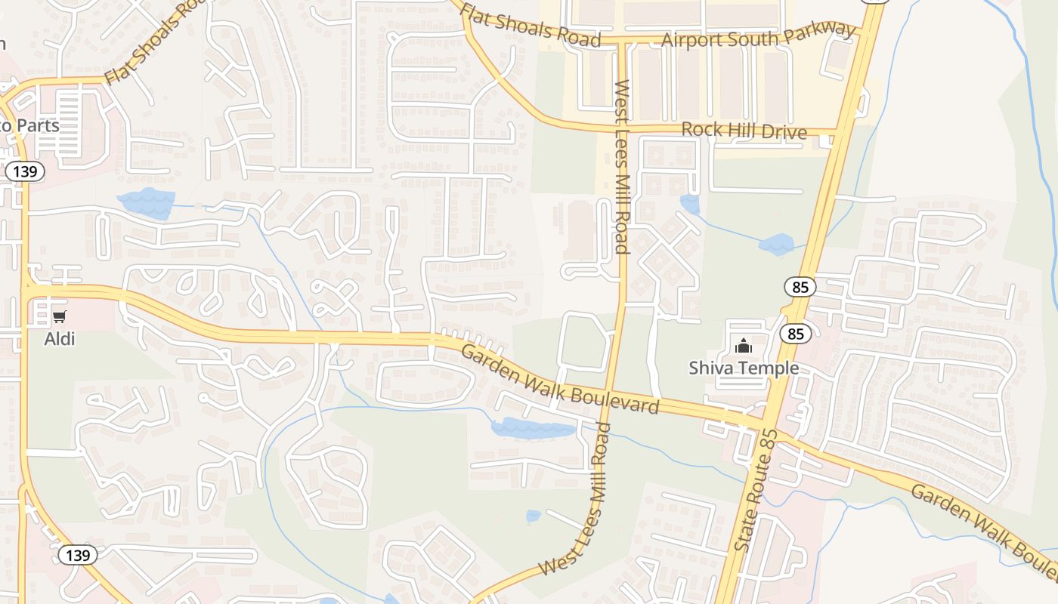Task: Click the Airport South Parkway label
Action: [759, 35]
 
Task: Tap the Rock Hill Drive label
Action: [744, 130]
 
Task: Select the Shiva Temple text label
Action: [744, 368]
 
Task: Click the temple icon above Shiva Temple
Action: [744, 347]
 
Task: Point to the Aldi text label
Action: [60, 339]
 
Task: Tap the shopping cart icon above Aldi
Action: [60, 317]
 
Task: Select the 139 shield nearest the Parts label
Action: [25, 171]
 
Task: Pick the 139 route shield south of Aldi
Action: [78, 556]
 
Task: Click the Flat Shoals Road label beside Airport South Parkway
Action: [531, 26]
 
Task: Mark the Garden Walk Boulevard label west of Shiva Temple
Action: [560, 379]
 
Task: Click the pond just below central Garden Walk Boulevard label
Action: [533, 428]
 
